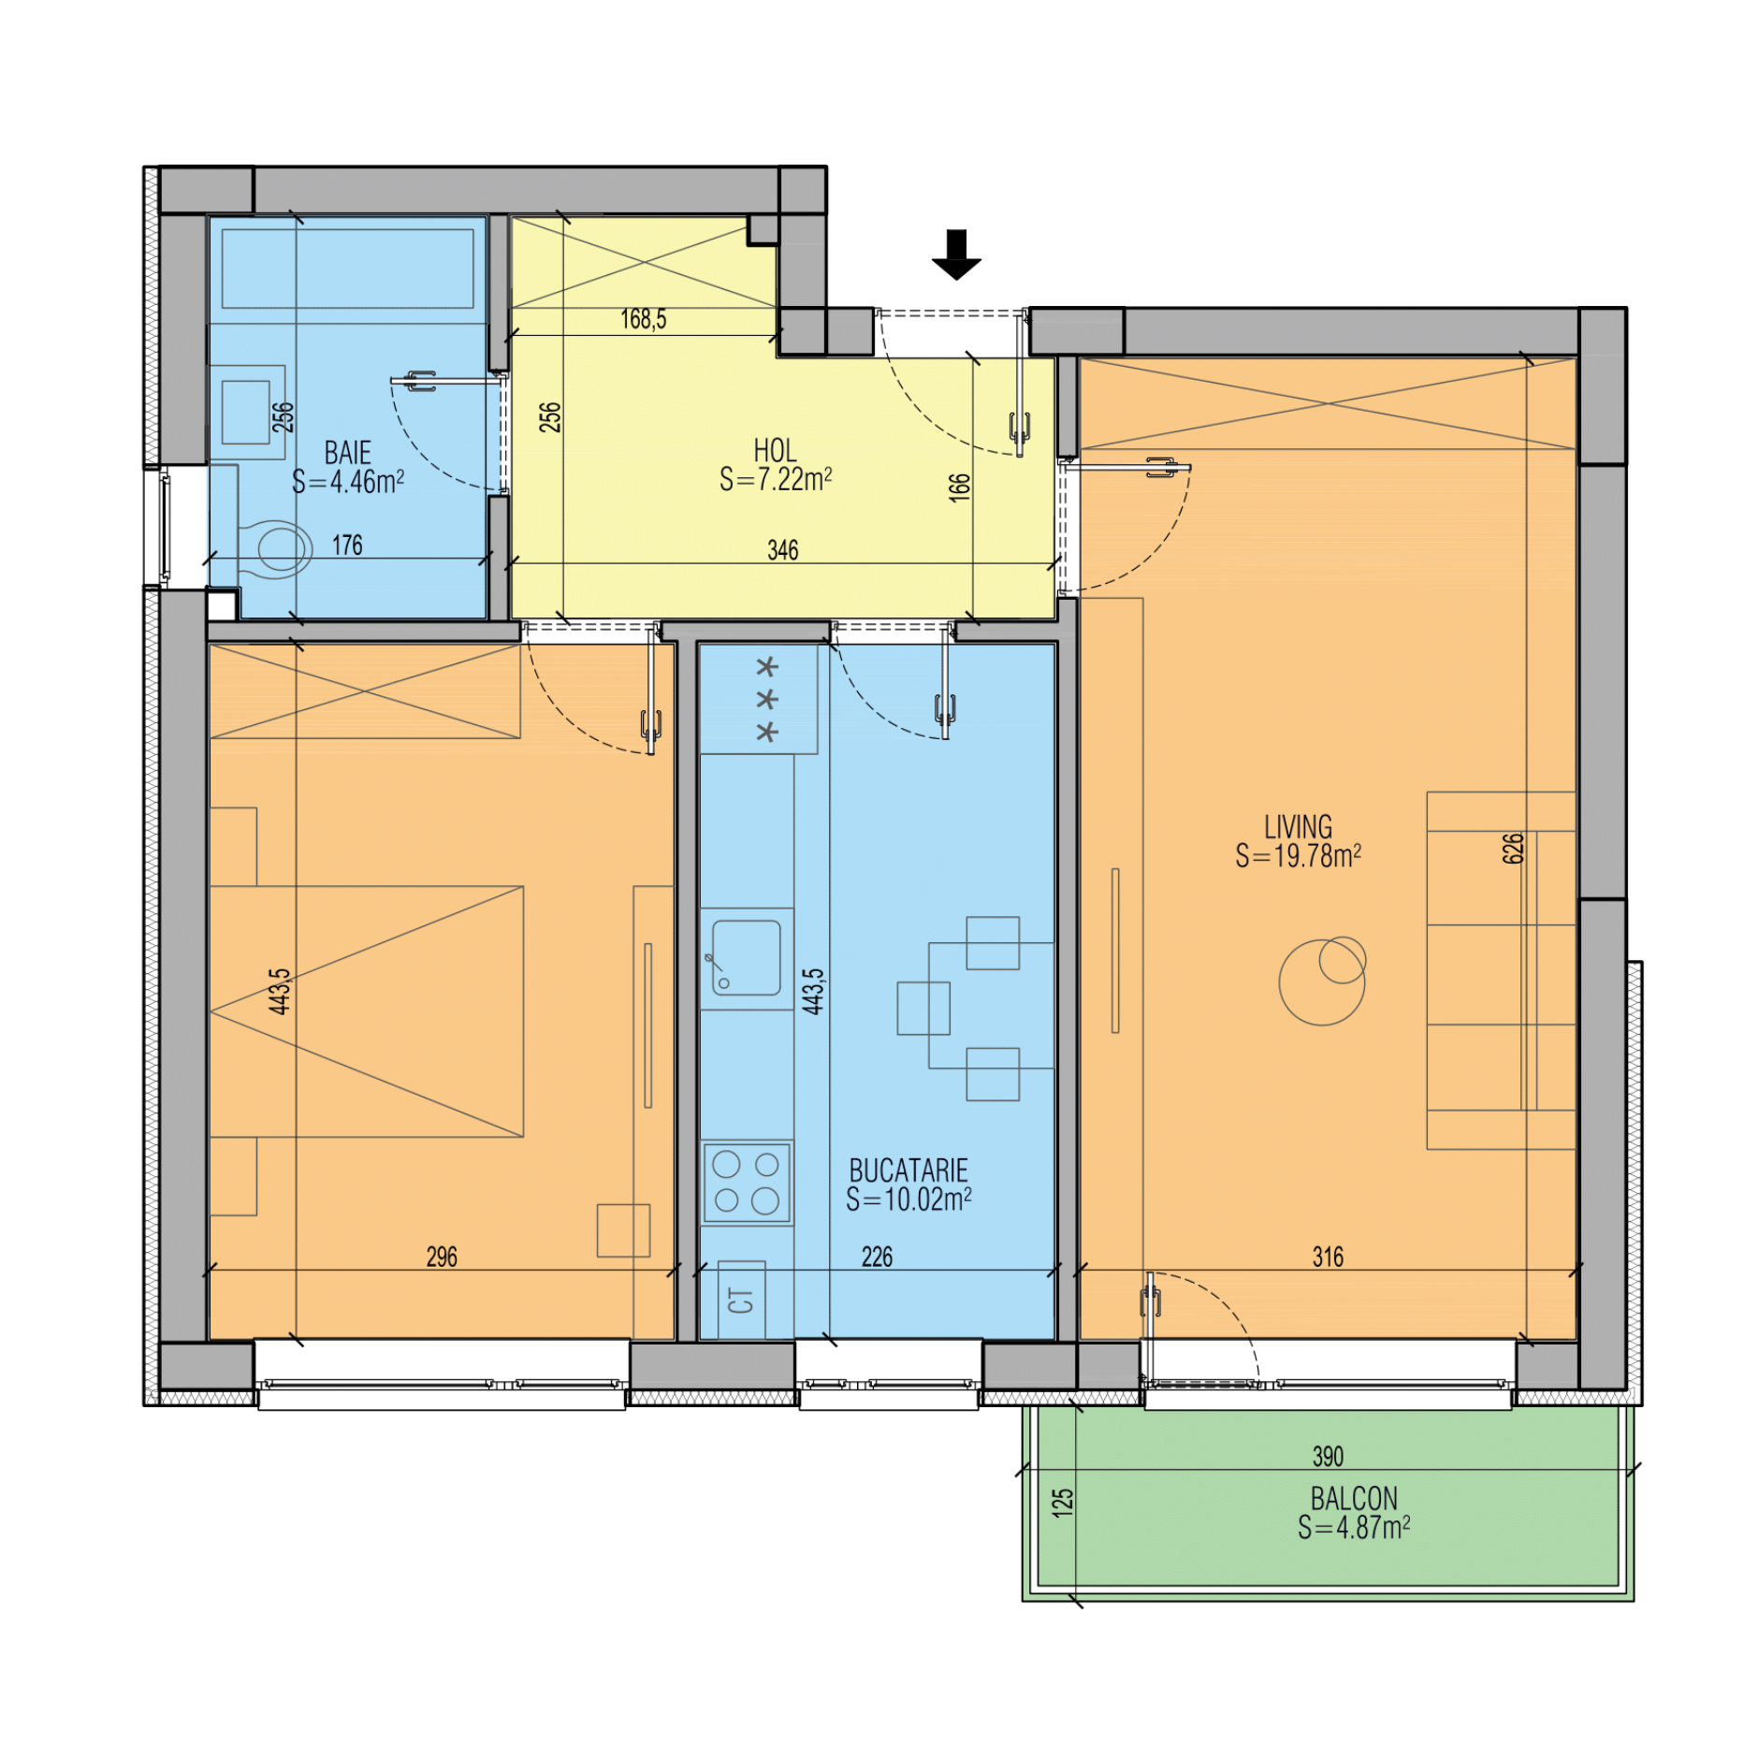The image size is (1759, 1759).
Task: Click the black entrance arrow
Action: [955, 254]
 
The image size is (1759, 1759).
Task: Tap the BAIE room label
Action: [347, 453]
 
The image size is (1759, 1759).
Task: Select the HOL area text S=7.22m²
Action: [776, 480]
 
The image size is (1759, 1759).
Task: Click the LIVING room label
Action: [1298, 827]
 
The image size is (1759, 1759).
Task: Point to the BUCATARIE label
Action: [909, 1170]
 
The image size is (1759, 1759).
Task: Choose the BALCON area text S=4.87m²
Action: [1354, 1528]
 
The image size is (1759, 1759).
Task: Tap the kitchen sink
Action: [746, 957]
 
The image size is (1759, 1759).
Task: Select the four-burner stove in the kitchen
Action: [747, 1183]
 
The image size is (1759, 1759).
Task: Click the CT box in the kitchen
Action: [741, 1300]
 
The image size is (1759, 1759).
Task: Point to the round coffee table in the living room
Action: [1322, 981]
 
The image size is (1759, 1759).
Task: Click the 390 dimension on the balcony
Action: [1328, 1456]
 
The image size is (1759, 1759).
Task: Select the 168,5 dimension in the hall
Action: [644, 320]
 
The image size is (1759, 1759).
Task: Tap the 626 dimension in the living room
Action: [1513, 849]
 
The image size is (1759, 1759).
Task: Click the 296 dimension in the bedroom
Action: [442, 1257]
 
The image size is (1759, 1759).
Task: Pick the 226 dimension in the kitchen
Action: [877, 1257]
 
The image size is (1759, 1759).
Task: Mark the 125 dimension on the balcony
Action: [1062, 1503]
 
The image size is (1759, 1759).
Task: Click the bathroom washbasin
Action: [246, 412]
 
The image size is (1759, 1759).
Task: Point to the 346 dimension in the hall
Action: [783, 550]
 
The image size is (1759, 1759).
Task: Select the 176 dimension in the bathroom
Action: [347, 545]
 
